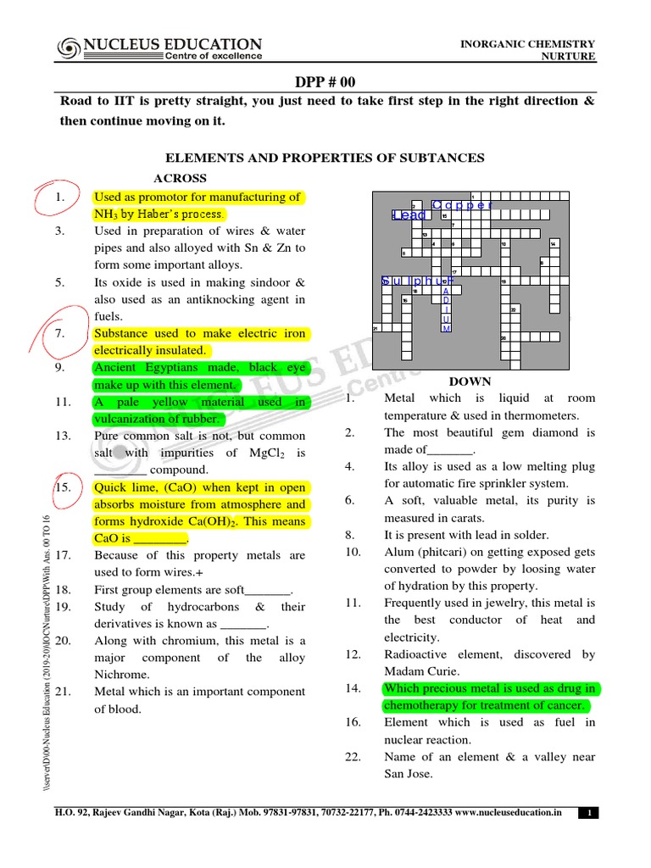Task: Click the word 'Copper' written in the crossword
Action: pyautogui.click(x=461, y=205)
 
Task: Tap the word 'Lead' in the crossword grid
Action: pyautogui.click(x=410, y=216)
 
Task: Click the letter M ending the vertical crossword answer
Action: pyautogui.click(x=447, y=328)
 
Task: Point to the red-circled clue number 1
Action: pyautogui.click(x=60, y=198)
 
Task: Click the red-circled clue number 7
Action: pyautogui.click(x=60, y=333)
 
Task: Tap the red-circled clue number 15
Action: pyautogui.click(x=62, y=487)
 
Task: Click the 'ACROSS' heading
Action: pyautogui.click(x=180, y=178)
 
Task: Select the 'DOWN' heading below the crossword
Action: pyautogui.click(x=470, y=381)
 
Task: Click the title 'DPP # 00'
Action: pyautogui.click(x=325, y=81)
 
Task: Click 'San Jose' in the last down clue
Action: pyautogui.click(x=409, y=774)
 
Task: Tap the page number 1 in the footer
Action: pyautogui.click(x=588, y=813)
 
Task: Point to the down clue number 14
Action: pyautogui.click(x=353, y=688)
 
